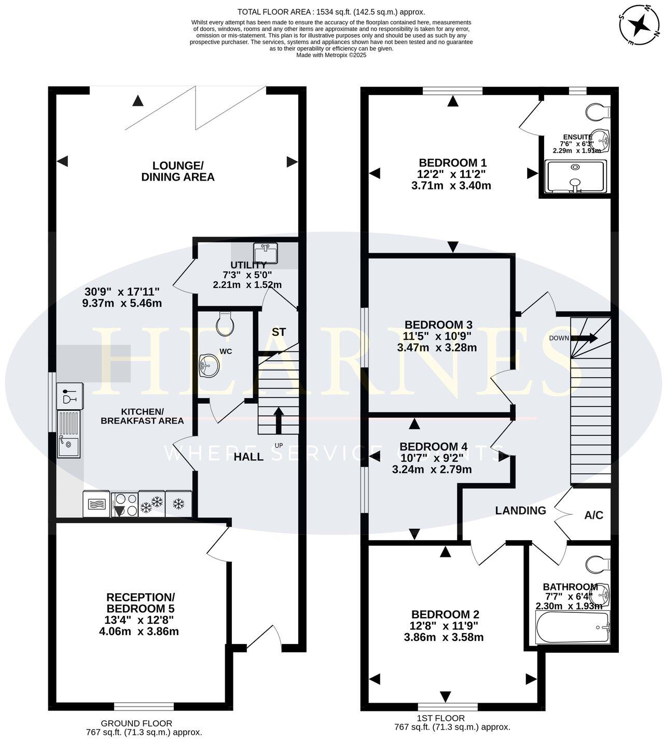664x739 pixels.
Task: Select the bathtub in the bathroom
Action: [572, 627]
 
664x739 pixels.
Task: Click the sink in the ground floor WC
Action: [210, 365]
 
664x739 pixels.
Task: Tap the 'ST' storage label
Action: [279, 332]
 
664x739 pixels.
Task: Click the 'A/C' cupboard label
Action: [593, 515]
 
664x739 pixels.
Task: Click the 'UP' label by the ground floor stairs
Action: [279, 445]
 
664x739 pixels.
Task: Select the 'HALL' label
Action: [248, 457]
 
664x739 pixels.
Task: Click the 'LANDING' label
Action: [520, 511]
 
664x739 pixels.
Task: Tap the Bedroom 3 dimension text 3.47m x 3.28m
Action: [436, 348]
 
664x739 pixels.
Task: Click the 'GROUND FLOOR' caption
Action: [136, 723]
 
